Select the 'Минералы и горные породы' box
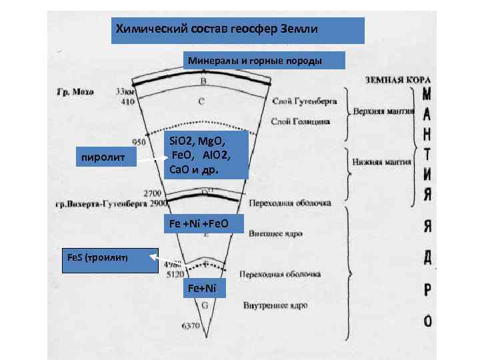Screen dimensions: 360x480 pyautogui.click(x=264, y=61)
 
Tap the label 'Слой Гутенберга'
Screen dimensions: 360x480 pyautogui.click(x=305, y=101)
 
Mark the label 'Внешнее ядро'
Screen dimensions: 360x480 pyautogui.click(x=275, y=235)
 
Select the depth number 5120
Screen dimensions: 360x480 pyautogui.click(x=165, y=273)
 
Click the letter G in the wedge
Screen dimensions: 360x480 pyautogui.click(x=204, y=305)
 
